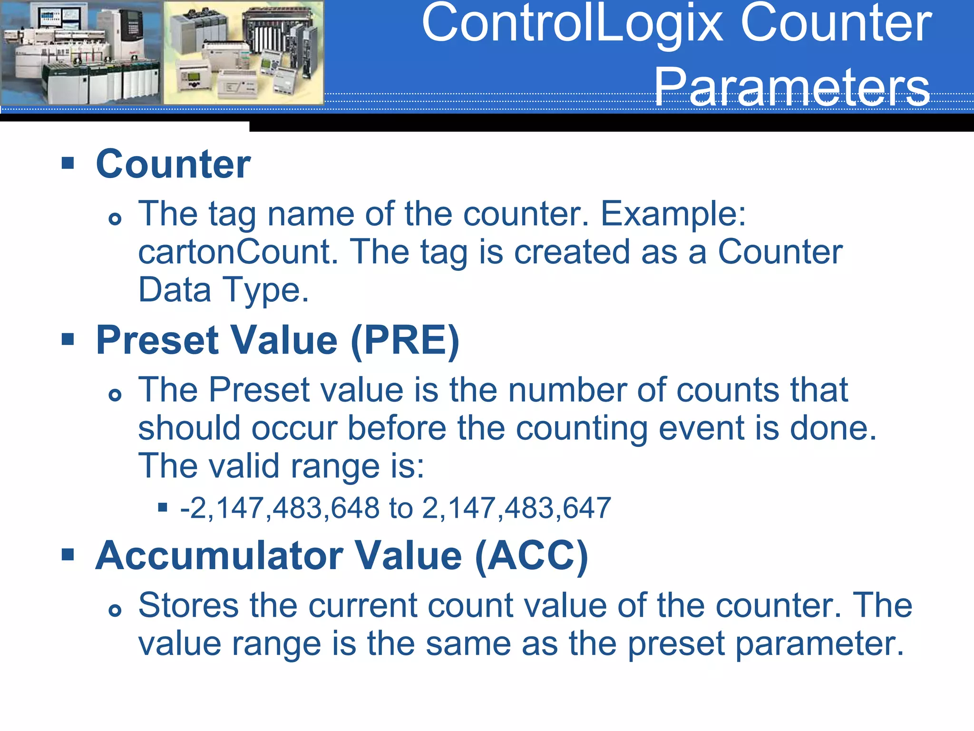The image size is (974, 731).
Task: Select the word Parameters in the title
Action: coord(791,87)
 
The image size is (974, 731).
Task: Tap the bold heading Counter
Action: coord(173,164)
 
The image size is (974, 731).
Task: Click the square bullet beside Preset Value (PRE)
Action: coord(68,339)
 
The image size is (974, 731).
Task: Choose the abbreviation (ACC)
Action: coord(532,555)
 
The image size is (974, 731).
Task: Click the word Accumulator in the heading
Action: coord(219,555)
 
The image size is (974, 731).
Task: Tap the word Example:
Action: coord(673,214)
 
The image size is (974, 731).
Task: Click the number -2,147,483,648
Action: coord(280,508)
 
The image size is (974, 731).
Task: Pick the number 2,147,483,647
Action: coord(516,508)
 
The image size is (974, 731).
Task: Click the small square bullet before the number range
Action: coord(163,507)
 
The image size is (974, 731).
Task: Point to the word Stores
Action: coord(188,605)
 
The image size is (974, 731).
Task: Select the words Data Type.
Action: coord(224,290)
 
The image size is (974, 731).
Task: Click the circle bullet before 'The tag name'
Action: coord(115,219)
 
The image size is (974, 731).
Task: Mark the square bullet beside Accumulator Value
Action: coord(68,554)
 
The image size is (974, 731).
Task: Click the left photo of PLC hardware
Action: coord(81,52)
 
